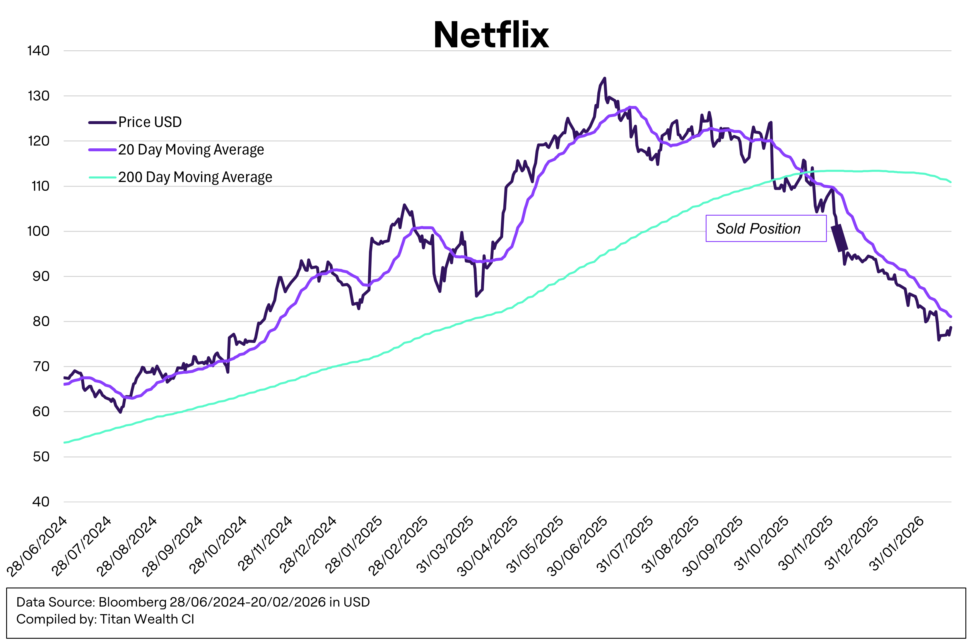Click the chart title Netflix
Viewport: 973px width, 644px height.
click(491, 35)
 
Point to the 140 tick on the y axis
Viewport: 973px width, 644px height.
click(38, 51)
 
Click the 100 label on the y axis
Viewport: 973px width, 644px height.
click(38, 231)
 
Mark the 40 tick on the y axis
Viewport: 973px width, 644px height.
click(41, 502)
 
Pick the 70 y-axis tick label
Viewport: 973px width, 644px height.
click(41, 366)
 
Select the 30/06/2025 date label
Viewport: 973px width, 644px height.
click(577, 546)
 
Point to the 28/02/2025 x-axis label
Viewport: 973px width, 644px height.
click(398, 546)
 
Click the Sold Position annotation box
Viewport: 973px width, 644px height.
click(766, 228)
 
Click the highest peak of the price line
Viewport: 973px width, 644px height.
click(604, 78)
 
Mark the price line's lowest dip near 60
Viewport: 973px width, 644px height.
click(120, 412)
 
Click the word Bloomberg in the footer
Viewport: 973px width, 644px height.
click(132, 602)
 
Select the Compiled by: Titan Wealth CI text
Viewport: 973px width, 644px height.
click(105, 619)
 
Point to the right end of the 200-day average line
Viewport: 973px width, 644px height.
click(950, 182)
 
